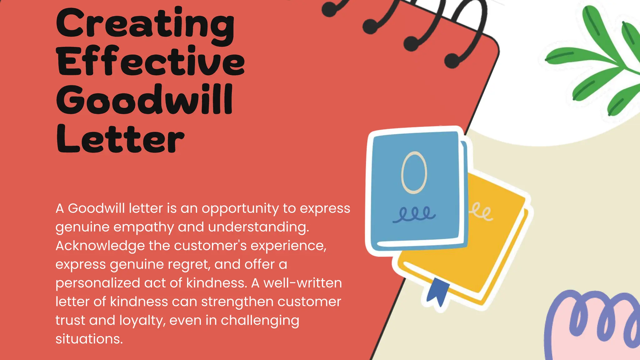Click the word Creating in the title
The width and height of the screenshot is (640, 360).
pos(145,25)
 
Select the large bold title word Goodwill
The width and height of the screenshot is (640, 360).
pos(144,100)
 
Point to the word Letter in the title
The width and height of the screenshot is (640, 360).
pos(120,139)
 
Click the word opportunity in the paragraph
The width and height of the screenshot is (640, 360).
pos(240,209)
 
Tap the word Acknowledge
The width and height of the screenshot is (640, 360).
pos(100,246)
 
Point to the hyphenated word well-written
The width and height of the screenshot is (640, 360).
pos(302,283)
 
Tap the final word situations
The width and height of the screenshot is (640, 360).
pos(89,339)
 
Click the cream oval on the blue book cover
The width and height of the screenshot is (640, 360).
pos(414,172)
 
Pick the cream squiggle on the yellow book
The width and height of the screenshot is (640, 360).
pos(481,212)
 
